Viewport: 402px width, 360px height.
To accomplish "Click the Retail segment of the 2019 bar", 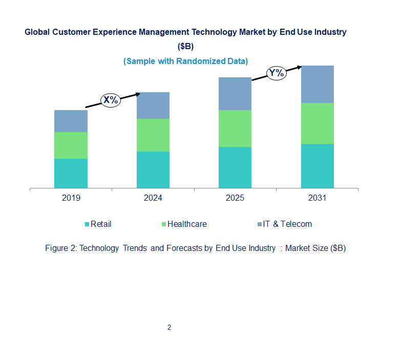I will (71, 173).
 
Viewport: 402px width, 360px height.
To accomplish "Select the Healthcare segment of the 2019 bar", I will (71, 145).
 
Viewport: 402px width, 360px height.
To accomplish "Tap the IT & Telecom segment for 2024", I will (153, 105).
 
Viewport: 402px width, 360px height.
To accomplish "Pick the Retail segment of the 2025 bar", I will (235, 167).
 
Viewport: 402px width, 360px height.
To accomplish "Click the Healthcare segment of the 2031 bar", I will (317, 123).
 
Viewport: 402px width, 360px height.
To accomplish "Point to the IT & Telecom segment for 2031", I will (317, 84).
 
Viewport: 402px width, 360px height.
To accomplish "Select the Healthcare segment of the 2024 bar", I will (153, 135).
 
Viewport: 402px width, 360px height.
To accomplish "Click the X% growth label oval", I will (111, 100).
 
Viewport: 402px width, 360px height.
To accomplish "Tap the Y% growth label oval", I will (276, 73).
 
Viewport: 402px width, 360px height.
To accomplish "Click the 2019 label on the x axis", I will (71, 198).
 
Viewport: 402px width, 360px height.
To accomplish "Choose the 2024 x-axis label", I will (153, 198).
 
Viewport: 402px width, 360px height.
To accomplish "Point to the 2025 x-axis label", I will (235, 198).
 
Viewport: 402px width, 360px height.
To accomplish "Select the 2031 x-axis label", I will (317, 198).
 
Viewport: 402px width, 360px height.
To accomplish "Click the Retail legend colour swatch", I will (87, 224).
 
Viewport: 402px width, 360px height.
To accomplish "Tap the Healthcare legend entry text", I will (187, 224).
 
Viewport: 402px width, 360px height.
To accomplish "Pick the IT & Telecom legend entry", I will (287, 224).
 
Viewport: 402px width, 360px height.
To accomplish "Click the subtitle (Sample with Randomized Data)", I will (185, 61).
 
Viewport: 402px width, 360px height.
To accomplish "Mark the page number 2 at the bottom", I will (169, 327).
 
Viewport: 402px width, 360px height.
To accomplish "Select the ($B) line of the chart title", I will (185, 46).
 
